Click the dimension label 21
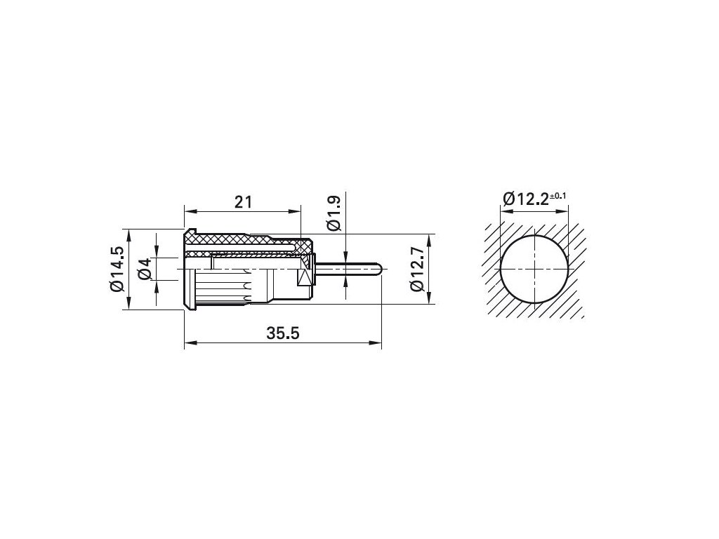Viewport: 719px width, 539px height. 243,201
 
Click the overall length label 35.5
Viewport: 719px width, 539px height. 283,333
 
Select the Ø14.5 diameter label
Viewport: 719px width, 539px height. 117,269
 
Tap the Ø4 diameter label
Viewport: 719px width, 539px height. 145,269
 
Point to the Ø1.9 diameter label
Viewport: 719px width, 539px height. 334,213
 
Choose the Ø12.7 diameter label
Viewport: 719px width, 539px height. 417,269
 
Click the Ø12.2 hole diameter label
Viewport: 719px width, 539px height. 526,199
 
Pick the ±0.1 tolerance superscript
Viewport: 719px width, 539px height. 558,197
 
